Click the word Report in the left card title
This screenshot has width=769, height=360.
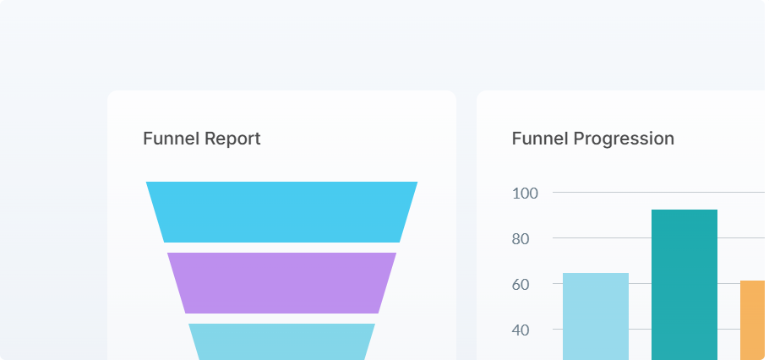(232, 139)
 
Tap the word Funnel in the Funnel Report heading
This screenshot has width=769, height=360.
(172, 139)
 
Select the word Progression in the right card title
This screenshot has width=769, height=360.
(624, 139)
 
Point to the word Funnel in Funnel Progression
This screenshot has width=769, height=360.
(540, 139)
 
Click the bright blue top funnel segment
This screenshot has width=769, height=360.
(281, 212)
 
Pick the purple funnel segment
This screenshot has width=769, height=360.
(281, 283)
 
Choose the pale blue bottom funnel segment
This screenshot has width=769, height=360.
(281, 341)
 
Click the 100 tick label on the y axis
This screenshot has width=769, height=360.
(526, 193)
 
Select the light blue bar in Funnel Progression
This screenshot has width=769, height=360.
(596, 317)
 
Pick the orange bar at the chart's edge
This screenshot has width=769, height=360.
(753, 320)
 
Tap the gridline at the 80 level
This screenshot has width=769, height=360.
(600, 238)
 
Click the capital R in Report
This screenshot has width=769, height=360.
(210, 139)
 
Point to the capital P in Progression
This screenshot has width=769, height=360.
(578, 139)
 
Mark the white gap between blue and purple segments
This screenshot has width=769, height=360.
(281, 248)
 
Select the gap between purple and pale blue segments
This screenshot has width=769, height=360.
(281, 319)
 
